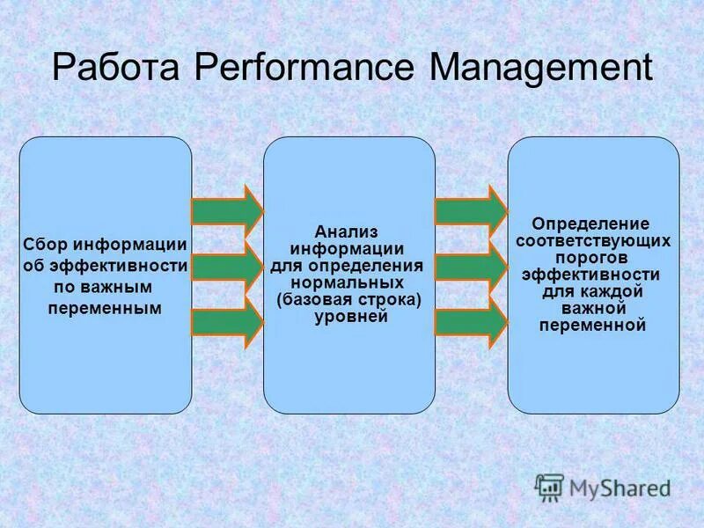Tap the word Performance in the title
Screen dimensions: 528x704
(x=309, y=69)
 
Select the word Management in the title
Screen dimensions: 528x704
(x=541, y=69)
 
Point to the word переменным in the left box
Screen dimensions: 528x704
(x=105, y=308)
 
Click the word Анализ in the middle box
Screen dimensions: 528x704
(x=349, y=231)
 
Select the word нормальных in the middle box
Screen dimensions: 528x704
(x=349, y=282)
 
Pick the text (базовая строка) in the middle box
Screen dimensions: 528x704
(x=349, y=299)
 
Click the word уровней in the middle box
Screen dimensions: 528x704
(x=349, y=316)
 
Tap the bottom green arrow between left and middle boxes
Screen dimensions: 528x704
(x=227, y=322)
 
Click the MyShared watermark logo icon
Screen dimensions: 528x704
(x=549, y=487)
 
